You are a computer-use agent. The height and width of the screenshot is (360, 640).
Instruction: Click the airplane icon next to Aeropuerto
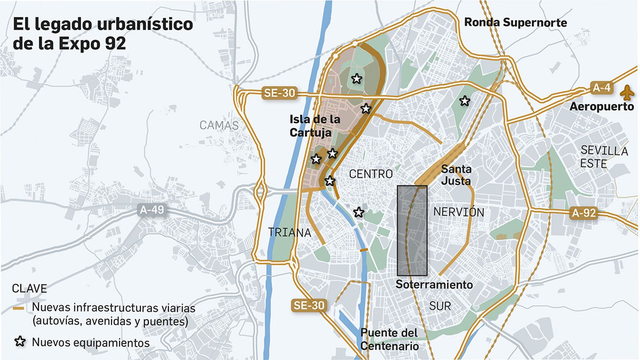(x=627, y=93)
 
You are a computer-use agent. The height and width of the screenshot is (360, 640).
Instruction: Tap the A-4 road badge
(x=601, y=88)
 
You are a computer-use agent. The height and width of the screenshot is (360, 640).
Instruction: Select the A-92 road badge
(x=584, y=213)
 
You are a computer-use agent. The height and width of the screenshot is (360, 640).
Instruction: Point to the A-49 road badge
(x=152, y=210)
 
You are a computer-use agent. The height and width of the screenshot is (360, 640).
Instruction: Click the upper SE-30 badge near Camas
(x=279, y=93)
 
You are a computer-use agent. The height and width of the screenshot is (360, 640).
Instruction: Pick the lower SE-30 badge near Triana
(x=309, y=306)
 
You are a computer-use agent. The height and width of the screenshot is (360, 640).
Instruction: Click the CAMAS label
(x=219, y=125)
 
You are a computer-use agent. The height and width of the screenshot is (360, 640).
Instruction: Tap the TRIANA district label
(x=289, y=232)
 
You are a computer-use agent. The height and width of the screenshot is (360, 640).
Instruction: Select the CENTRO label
(x=371, y=174)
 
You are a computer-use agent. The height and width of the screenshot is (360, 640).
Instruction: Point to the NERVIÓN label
(x=458, y=212)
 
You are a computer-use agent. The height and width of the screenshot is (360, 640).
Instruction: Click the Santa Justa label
(x=456, y=175)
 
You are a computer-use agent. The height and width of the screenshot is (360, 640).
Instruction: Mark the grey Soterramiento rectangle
(x=412, y=230)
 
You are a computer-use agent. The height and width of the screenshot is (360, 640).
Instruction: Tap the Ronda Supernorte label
(x=515, y=22)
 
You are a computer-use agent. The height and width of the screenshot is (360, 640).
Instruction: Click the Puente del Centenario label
(x=389, y=339)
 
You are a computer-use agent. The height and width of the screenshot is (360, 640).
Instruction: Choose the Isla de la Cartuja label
(x=315, y=126)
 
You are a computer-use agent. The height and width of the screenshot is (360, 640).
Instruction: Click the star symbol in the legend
(x=20, y=342)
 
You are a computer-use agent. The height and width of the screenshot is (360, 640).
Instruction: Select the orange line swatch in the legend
(x=18, y=308)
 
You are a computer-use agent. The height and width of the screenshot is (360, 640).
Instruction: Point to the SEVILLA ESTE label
(x=604, y=157)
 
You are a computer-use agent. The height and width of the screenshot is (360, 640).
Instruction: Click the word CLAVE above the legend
(x=29, y=288)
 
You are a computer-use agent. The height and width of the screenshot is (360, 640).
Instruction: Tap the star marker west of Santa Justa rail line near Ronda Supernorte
(x=464, y=101)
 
